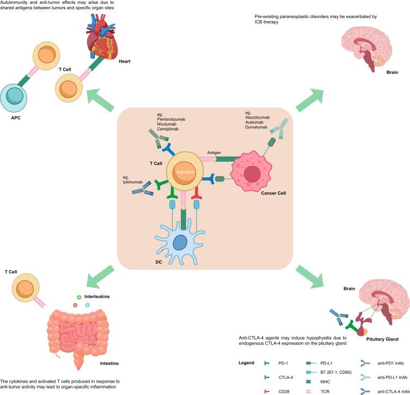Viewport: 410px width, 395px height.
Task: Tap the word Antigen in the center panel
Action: pyautogui.click(x=214, y=152)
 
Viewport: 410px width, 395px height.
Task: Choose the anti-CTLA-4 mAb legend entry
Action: pyautogui.click(x=389, y=390)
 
